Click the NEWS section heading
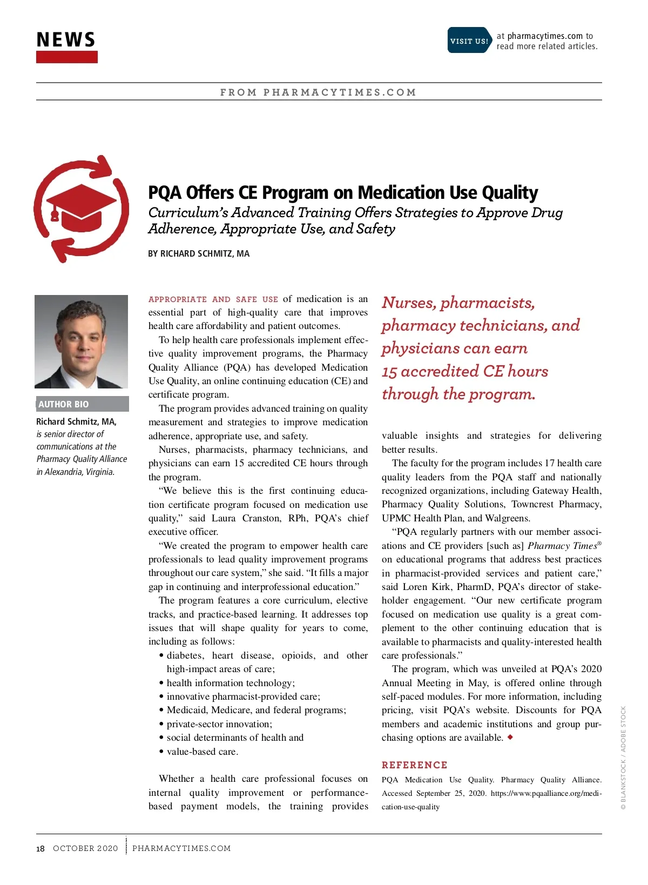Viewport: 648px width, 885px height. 66,40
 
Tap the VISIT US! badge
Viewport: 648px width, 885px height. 469,41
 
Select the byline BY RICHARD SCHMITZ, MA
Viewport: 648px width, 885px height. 199,253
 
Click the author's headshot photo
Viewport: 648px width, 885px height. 82,341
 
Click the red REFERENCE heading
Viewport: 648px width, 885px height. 414,765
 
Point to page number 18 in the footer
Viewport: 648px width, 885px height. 40,848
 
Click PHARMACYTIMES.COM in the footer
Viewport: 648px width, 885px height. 181,848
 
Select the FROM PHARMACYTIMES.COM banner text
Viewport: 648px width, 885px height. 318,92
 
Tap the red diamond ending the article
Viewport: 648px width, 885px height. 510,737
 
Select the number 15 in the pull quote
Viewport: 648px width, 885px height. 389,372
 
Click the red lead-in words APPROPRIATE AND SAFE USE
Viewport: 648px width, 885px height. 213,299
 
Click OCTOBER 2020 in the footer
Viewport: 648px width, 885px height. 85,848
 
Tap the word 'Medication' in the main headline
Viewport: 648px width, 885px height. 417,193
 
